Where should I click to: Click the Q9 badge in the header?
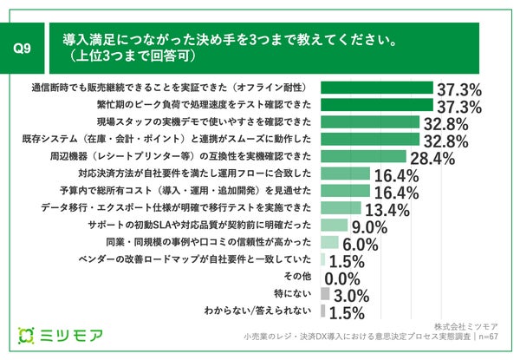pos(24,49)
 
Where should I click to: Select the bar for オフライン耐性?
pos(376,88)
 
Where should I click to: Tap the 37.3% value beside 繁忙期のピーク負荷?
pos(458,106)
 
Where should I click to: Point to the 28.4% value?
pos(432,158)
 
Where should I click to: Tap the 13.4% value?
pos(387,209)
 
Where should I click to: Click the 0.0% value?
pos(341,278)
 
